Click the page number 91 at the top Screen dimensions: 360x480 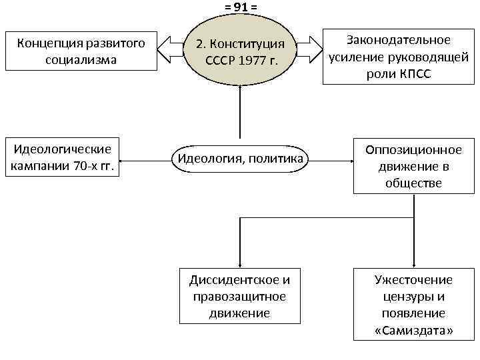pyautogui.click(x=240, y=7)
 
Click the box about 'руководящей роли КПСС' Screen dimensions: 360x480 pyautogui.click(x=399, y=57)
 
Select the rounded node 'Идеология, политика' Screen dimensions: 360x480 pyautogui.click(x=240, y=159)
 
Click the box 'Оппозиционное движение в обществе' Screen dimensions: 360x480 pyautogui.click(x=413, y=165)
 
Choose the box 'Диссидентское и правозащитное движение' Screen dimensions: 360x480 pyautogui.click(x=239, y=294)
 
